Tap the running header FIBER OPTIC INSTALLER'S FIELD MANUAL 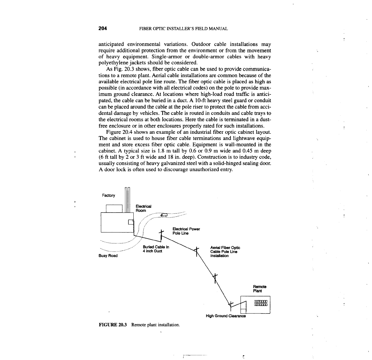183,29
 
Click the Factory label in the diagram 108,196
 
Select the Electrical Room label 143,208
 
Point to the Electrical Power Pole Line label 186,231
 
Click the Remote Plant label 260,289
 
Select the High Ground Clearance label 226,316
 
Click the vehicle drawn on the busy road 164,215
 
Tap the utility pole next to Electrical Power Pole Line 161,235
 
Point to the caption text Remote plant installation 156,325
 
